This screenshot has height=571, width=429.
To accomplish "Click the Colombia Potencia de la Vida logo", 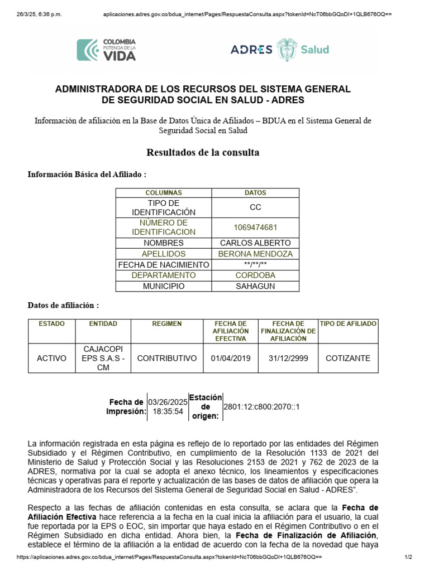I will (106, 50).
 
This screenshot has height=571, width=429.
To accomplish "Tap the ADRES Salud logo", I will (280, 50).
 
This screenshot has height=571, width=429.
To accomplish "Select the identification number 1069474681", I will (255, 228).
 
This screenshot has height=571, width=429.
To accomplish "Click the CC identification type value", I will (255, 207).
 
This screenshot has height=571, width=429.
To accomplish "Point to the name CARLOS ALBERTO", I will (255, 243).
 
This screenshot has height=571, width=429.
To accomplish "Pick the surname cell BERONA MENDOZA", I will (255, 254).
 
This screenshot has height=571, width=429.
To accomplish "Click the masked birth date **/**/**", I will (255, 265).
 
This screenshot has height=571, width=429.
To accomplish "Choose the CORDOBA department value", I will (255, 275).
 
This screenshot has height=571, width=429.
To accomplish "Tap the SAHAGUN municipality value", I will (255, 286).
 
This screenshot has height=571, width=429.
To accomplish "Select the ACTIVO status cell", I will (51, 358).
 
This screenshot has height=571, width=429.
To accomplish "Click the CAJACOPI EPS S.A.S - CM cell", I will (103, 358).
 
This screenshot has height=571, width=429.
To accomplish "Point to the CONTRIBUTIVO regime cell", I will (167, 358).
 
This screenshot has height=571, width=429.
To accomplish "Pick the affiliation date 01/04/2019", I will (231, 358).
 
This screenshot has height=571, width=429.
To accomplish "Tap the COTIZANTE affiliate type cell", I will (347, 358).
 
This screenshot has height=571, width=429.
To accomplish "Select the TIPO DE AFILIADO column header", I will (347, 323).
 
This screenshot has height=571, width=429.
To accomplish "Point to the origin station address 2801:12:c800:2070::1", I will (261, 407).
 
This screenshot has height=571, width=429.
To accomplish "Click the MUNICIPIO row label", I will (163, 286).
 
